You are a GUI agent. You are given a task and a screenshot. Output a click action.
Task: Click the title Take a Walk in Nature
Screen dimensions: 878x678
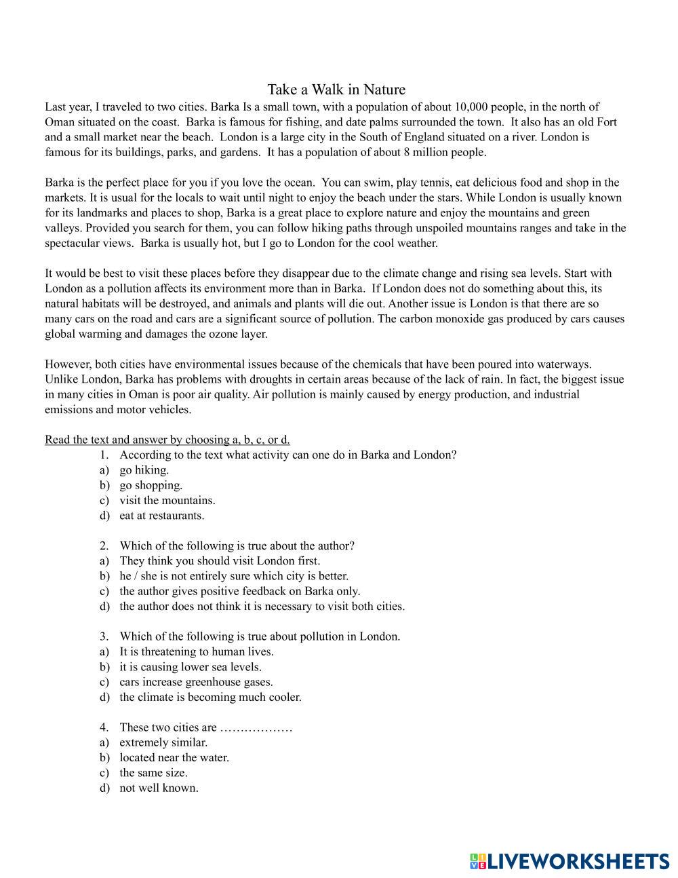pyautogui.click(x=336, y=90)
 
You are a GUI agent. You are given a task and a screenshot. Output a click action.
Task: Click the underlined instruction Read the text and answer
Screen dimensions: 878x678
pyautogui.click(x=167, y=440)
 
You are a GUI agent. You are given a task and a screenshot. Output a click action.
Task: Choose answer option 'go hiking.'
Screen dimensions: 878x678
pyautogui.click(x=144, y=470)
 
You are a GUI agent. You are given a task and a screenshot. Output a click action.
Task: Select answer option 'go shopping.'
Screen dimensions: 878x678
pyautogui.click(x=151, y=485)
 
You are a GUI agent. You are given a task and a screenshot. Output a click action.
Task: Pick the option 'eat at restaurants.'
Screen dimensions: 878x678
pyautogui.click(x=162, y=515)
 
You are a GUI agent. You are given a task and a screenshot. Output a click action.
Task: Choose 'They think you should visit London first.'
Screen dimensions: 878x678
pyautogui.click(x=220, y=560)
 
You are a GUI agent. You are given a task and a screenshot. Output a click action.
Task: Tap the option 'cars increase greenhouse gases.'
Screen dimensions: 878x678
pyautogui.click(x=196, y=682)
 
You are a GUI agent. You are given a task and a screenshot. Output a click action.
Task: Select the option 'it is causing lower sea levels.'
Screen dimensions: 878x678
pyautogui.click(x=191, y=667)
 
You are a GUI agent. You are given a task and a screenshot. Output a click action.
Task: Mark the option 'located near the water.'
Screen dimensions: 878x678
pyautogui.click(x=174, y=757)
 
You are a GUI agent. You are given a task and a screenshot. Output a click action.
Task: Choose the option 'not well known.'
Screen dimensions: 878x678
pyautogui.click(x=159, y=788)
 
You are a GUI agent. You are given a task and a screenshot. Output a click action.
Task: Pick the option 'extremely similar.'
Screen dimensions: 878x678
pyautogui.click(x=163, y=742)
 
